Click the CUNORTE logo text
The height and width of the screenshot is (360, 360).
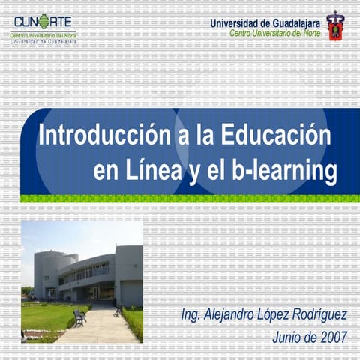click(43, 20)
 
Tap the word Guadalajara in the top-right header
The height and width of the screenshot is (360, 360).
click(290, 22)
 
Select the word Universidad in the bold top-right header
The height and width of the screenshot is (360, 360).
click(233, 22)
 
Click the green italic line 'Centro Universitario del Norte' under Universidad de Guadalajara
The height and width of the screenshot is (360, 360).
click(275, 33)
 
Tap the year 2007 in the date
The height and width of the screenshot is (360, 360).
click(331, 336)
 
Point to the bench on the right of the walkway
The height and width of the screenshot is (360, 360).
click(118, 309)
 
